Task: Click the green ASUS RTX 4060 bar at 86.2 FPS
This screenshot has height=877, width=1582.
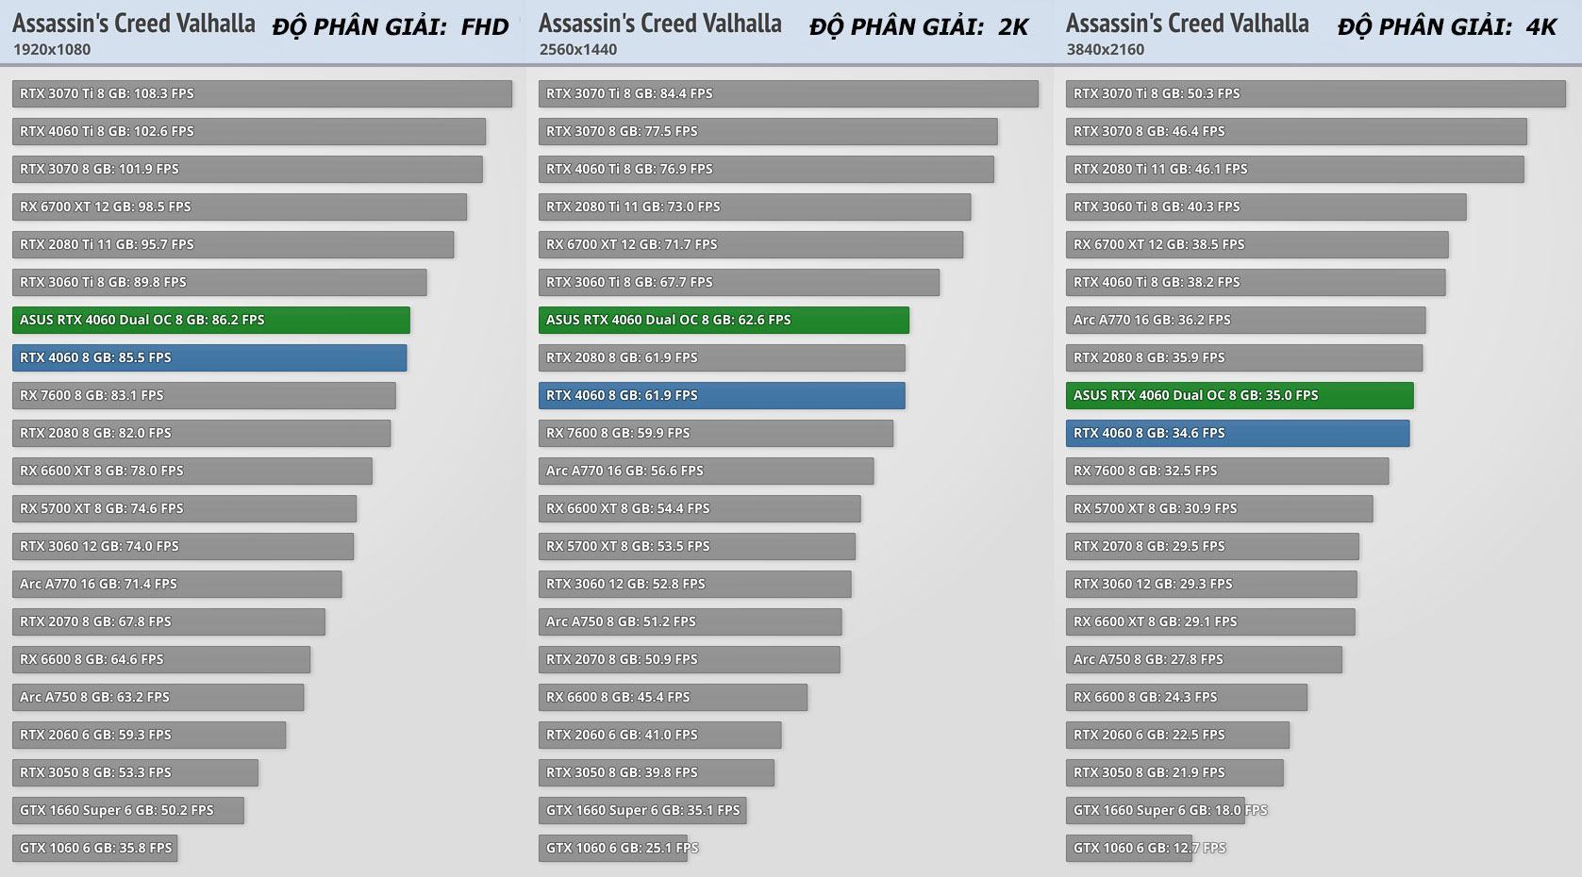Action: [x=210, y=320]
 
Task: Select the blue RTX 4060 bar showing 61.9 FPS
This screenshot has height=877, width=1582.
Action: [x=722, y=395]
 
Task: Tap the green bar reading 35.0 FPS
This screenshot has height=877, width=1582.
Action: [x=1239, y=395]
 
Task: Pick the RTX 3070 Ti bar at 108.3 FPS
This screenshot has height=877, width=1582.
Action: [x=261, y=93]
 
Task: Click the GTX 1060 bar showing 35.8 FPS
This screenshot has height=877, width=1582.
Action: [x=94, y=848]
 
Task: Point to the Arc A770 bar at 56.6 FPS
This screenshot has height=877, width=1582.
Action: [x=706, y=471]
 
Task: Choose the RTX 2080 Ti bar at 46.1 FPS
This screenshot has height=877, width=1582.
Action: [x=1294, y=169]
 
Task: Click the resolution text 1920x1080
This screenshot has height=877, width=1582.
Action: [x=52, y=49]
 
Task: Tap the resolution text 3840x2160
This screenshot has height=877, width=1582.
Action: [x=1106, y=49]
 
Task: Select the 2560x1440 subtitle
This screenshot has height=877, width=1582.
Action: [x=578, y=49]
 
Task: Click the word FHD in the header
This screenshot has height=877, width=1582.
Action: [x=485, y=26]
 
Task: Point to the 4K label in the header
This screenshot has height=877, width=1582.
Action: [x=1541, y=26]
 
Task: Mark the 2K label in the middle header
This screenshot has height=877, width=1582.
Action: [x=1013, y=26]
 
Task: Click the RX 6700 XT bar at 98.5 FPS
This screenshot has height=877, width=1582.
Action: [x=239, y=207]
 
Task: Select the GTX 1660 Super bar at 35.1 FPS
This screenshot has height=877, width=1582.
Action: [x=641, y=810]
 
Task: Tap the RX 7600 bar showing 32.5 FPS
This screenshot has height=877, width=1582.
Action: [x=1226, y=471]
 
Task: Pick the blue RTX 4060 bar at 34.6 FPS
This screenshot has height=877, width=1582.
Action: [x=1237, y=433]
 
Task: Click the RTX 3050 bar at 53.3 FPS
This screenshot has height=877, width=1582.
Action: [x=135, y=772]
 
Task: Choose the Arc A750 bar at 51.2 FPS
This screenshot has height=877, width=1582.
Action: [x=690, y=621]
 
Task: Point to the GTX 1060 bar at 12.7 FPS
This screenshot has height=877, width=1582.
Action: [x=1128, y=848]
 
